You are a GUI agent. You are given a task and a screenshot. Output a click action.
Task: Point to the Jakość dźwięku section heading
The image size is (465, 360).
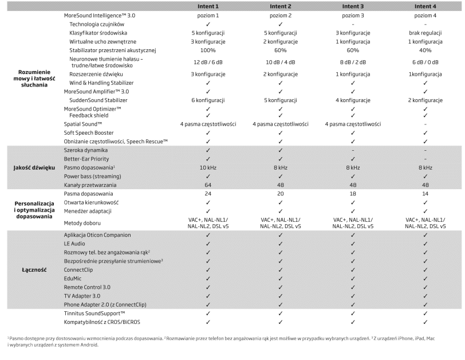tap(34, 167)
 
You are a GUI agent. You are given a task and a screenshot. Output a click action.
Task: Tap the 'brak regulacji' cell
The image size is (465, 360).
tap(425, 34)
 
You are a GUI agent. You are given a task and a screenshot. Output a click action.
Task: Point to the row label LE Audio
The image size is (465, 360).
tap(78, 244)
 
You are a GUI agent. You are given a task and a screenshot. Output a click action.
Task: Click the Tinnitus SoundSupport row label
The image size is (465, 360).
tap(94, 314)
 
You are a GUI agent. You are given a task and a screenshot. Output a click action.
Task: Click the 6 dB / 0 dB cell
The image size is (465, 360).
tap(425, 62)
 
